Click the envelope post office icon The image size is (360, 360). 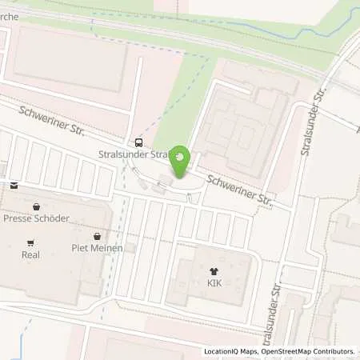(x=14, y=185)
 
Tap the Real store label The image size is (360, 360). (x=31, y=256)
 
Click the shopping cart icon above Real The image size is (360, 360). (x=30, y=243)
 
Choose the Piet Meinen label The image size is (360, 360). (x=95, y=248)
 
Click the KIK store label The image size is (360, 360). (x=214, y=284)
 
